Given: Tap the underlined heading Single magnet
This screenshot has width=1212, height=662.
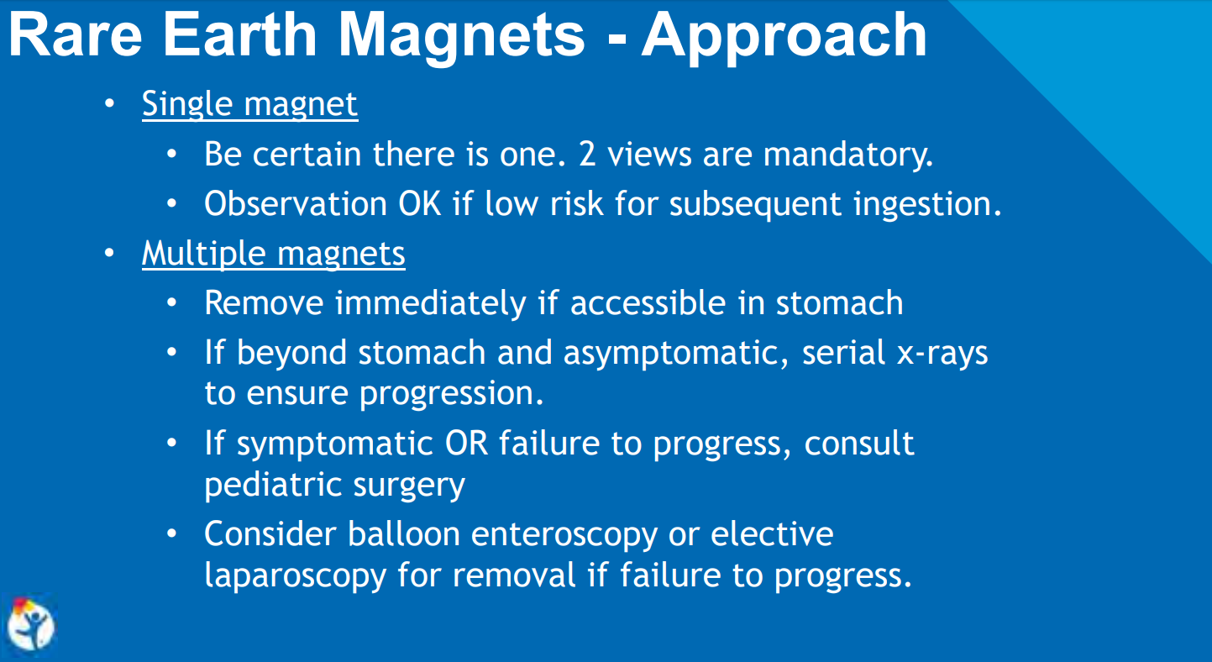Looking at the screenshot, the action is pyautogui.click(x=250, y=103).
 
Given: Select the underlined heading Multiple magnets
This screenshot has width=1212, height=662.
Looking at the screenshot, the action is pyautogui.click(x=273, y=254).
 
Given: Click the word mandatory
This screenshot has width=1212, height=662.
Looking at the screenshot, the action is pyautogui.click(x=847, y=155).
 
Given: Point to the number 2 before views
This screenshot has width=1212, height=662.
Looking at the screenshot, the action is pyautogui.click(x=587, y=155).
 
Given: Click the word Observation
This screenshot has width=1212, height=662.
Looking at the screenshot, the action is pyautogui.click(x=295, y=204).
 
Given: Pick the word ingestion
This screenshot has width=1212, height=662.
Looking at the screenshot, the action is pyautogui.click(x=927, y=205).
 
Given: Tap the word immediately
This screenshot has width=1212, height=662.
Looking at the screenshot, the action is pyautogui.click(x=430, y=303).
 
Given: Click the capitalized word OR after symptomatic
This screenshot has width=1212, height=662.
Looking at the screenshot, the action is pyautogui.click(x=466, y=444).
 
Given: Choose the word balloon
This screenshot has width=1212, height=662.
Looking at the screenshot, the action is pyautogui.click(x=404, y=534).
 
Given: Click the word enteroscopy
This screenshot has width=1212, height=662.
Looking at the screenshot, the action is pyautogui.click(x=564, y=536).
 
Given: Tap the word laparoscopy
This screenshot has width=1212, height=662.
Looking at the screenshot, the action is pyautogui.click(x=296, y=575).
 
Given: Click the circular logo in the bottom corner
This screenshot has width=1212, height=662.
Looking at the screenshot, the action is pyautogui.click(x=31, y=625).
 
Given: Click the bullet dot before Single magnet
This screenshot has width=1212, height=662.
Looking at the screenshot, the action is pyautogui.click(x=109, y=103).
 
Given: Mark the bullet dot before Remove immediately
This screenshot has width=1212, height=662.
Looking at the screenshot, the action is pyautogui.click(x=172, y=303).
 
